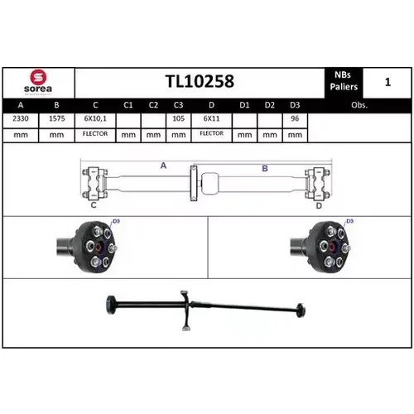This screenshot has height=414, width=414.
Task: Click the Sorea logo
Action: (x=38, y=82)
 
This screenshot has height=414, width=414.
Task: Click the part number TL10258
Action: (x=200, y=81)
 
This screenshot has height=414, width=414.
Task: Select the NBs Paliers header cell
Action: (x=344, y=81)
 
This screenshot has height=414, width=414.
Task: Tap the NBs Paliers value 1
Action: (x=388, y=82)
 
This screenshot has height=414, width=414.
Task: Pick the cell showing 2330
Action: (x=21, y=118)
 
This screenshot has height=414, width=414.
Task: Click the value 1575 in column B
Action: (x=56, y=118)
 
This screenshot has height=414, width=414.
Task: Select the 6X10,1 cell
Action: (x=95, y=119)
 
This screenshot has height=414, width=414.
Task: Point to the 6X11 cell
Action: (x=211, y=118)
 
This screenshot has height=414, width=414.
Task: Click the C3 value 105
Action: (x=178, y=118)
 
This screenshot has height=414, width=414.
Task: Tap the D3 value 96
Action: (x=295, y=118)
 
